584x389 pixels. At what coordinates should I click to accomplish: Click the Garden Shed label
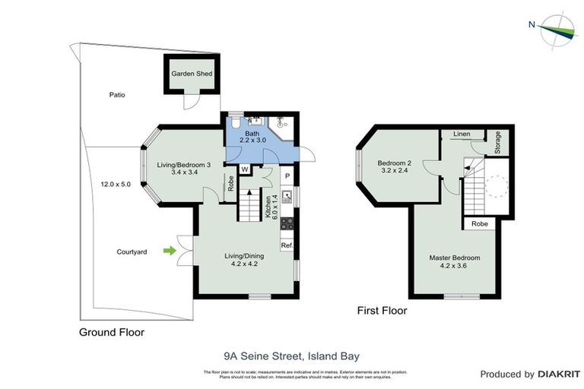(191, 74)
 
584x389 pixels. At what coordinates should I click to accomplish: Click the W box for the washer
(246, 169)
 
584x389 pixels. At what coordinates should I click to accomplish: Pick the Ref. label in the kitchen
(287, 246)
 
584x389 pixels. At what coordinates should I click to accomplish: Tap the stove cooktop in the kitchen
(287, 224)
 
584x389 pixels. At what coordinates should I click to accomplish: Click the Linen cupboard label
(462, 134)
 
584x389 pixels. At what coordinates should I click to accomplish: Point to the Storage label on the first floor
(497, 143)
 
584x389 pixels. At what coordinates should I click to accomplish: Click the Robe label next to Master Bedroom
(479, 224)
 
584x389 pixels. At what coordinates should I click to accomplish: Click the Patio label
(116, 95)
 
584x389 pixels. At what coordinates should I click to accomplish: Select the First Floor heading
(382, 311)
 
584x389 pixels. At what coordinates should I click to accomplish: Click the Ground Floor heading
(112, 332)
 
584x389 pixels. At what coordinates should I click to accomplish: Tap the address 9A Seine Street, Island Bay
(291, 355)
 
